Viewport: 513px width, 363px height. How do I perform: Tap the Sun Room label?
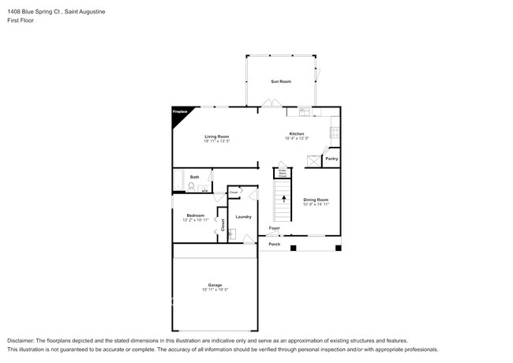point(281,81)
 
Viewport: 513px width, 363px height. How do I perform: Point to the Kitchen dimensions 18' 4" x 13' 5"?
point(297,139)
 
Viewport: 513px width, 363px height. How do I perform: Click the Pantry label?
point(331,159)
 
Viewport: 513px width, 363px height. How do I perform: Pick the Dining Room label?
point(315,200)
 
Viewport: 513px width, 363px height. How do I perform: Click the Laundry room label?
point(243,216)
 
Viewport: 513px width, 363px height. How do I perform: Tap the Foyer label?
point(274,228)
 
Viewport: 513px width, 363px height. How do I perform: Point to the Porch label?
point(274,244)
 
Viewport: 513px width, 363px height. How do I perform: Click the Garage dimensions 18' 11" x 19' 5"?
point(215,290)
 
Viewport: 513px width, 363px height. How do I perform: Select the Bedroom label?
point(195,215)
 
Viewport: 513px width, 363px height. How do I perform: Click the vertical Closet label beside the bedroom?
point(223,224)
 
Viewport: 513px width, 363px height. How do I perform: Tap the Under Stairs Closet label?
point(282,173)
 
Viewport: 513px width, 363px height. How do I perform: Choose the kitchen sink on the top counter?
point(304,110)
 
